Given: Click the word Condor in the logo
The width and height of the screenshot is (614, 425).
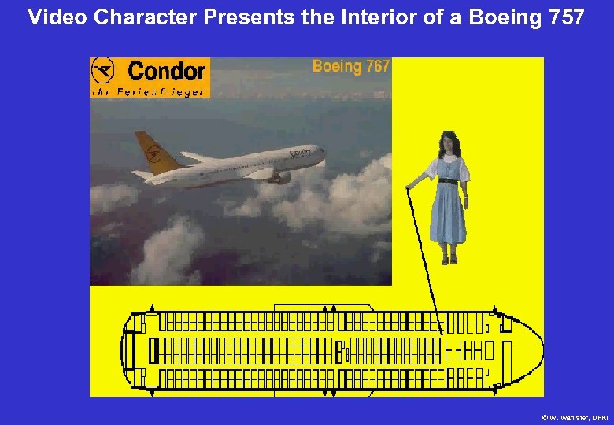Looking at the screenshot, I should (166, 72).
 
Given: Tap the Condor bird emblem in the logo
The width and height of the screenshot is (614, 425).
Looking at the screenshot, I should (105, 72).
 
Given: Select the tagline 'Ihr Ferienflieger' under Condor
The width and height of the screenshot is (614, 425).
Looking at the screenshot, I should (148, 91).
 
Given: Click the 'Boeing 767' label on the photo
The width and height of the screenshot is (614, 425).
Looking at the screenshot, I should (350, 66).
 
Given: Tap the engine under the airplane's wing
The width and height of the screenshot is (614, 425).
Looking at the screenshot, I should (279, 179).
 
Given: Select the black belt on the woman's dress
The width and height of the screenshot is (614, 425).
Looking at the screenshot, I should (447, 181).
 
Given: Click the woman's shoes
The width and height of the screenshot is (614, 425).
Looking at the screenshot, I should (449, 258).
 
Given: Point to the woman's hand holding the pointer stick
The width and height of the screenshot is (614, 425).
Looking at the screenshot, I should (409, 187).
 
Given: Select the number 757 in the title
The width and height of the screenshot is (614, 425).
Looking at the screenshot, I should (564, 17).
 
